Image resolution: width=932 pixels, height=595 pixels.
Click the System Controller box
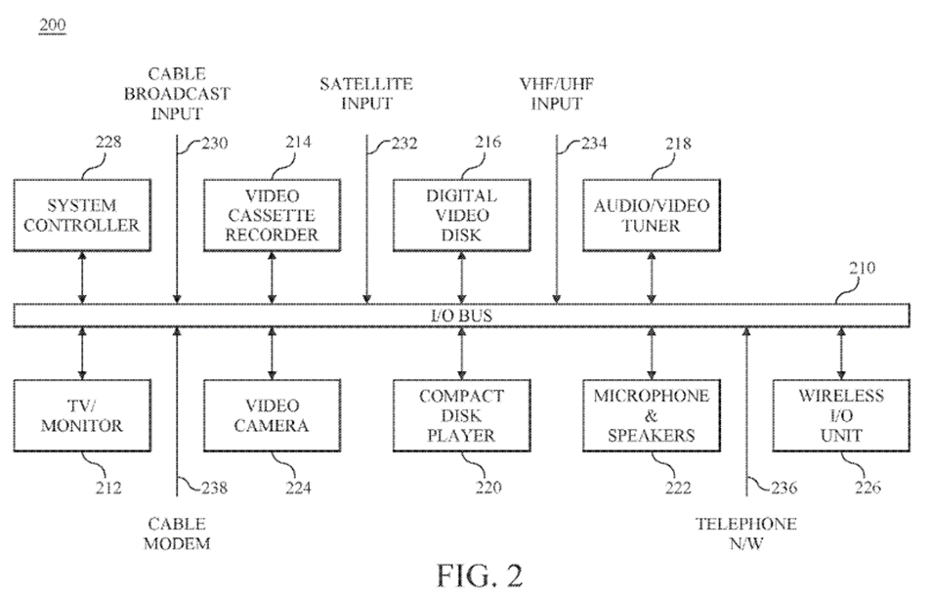tap(82, 216)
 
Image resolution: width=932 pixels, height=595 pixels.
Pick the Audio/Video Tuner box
tap(651, 216)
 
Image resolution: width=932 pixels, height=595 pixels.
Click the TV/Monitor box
tap(82, 414)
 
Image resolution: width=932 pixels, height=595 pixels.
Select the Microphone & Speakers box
tap(651, 414)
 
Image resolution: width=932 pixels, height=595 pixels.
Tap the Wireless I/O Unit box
tap(841, 414)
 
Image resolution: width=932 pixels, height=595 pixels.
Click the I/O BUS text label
tap(461, 316)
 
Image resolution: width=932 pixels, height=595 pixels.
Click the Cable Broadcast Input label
tap(176, 94)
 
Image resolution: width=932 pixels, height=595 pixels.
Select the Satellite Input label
tap(365, 94)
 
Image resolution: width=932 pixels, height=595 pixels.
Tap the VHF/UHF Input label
tap(556, 94)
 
